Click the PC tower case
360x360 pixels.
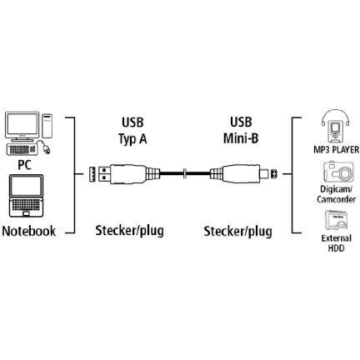47,126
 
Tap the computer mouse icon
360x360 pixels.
46,148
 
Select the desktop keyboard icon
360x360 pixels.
22,149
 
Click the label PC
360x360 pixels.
24,164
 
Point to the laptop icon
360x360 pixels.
27,196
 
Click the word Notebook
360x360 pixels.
29,231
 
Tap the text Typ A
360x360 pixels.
132,139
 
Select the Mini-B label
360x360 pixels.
241,138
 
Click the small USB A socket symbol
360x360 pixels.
92,174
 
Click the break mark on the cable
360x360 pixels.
185,174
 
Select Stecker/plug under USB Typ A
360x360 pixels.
129,231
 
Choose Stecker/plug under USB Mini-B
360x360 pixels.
237,232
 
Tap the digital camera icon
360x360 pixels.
338,172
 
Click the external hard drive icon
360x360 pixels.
336,220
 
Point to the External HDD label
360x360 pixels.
337,243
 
